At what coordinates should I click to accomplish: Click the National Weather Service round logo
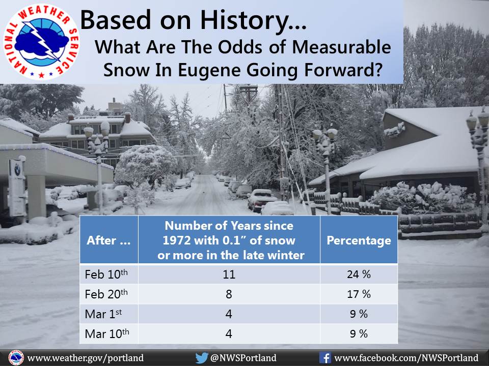click(41, 42)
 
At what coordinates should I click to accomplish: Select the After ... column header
click(108, 240)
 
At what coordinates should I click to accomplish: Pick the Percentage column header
click(359, 240)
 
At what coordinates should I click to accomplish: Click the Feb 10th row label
click(106, 274)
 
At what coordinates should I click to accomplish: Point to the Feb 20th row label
click(106, 294)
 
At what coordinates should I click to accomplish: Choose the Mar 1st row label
click(103, 314)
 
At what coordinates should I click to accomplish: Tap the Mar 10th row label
click(107, 333)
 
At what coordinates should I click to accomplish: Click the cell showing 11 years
click(229, 274)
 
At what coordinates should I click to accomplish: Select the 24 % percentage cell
click(359, 274)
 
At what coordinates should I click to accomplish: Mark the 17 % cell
click(359, 294)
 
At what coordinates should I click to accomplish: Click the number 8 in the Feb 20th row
click(229, 294)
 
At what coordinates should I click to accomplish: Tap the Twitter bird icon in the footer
click(202, 358)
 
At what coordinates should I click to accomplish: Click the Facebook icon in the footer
click(325, 358)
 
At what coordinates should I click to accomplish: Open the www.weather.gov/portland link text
click(86, 358)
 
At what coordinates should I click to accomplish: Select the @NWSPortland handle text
click(243, 358)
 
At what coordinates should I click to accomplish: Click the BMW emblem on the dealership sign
click(17, 170)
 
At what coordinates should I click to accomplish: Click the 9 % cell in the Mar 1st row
click(359, 314)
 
